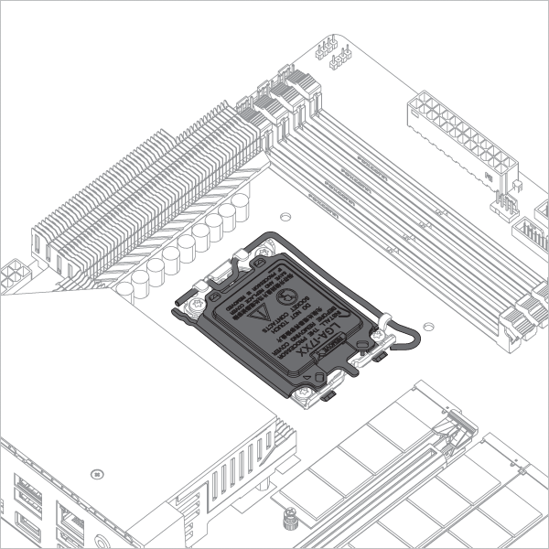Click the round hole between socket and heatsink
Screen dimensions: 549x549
pos(285,219)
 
